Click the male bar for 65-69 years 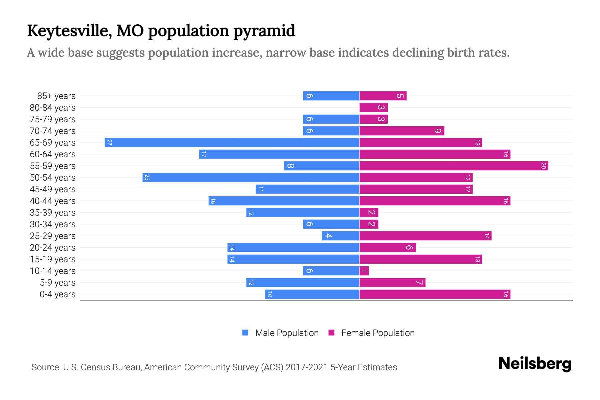point(232,143)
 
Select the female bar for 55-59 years point(453,166)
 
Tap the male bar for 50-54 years point(251,178)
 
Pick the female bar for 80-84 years point(373,108)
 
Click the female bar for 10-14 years point(364,271)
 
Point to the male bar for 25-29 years point(340,236)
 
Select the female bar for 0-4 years point(435,294)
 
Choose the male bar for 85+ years point(331,96)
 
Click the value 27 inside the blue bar point(109,143)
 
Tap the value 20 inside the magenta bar point(543,166)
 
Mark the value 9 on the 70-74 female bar point(438,131)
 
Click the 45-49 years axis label point(53,189)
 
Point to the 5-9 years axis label point(58,283)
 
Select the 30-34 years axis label point(53,224)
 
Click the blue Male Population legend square point(245,333)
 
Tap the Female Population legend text point(378,333)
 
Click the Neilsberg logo point(535,364)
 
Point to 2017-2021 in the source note point(306,367)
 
